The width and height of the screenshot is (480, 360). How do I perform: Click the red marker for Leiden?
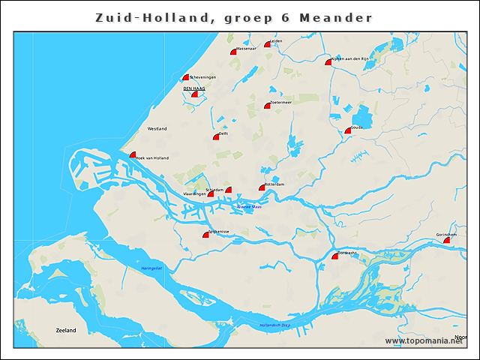[267, 44]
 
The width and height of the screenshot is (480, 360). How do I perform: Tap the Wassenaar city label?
[247, 49]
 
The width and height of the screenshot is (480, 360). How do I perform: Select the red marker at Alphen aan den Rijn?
[328, 62]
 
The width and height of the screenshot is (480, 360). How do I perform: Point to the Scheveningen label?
[203, 76]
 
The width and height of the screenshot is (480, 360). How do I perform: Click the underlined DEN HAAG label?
[194, 88]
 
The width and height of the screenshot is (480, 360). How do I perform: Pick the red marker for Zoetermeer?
[267, 106]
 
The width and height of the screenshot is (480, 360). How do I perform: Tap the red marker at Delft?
[216, 136]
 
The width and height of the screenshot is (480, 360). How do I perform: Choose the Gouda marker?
[348, 130]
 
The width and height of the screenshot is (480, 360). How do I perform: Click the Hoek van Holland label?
[152, 157]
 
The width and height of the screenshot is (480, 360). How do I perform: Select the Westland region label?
[157, 129]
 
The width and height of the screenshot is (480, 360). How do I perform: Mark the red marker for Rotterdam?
[262, 187]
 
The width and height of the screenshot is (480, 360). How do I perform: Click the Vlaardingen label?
[194, 193]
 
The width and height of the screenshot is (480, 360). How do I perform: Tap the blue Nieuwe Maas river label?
[247, 206]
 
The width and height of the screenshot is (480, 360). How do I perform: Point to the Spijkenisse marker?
[205, 235]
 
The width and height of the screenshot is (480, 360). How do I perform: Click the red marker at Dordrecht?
[334, 256]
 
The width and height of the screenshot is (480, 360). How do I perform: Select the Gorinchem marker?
[447, 240]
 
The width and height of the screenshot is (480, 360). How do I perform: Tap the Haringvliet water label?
[151, 268]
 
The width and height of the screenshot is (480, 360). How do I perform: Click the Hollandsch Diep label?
[274, 325]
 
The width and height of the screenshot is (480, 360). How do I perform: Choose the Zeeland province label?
[66, 329]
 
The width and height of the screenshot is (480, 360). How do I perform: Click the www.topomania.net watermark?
[424, 340]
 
